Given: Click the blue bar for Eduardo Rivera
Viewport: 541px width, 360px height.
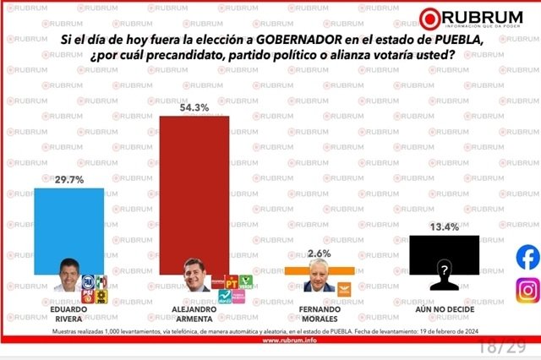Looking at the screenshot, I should (68, 228).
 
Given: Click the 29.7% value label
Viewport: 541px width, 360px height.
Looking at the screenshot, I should (69, 180).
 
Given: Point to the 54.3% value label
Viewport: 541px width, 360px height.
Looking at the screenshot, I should (194, 107).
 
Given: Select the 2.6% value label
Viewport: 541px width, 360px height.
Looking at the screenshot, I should (320, 254).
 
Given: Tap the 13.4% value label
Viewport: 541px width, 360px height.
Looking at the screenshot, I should (444, 226).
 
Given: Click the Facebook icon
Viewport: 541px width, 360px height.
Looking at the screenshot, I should (528, 257).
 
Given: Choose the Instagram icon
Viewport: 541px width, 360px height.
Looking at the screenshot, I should (528, 290).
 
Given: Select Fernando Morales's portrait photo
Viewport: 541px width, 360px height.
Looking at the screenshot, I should (320, 281).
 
